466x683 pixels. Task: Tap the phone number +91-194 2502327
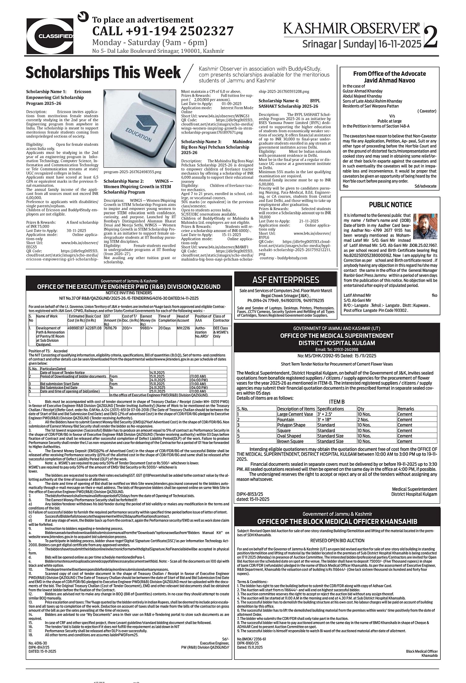[x=163, y=31]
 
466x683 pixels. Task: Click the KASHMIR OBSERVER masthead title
[x=351, y=28]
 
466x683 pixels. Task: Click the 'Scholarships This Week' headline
[x=103, y=73]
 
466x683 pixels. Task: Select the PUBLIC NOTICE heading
[x=390, y=205]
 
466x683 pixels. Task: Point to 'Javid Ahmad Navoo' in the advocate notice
[x=390, y=80]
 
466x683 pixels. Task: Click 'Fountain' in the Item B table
[x=285, y=419]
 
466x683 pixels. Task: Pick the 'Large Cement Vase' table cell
[x=295, y=414]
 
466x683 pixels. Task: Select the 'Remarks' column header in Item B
[x=406, y=408]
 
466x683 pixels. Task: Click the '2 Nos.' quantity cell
[x=363, y=419]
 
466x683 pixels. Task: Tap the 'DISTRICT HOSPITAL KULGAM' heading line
[x=336, y=343]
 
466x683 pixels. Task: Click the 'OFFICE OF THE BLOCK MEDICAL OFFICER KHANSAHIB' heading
[x=337, y=521]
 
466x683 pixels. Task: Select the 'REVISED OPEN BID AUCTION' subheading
[x=337, y=540]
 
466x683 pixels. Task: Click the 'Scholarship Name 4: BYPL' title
[x=289, y=101]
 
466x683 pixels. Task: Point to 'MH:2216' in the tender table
[x=183, y=328]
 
